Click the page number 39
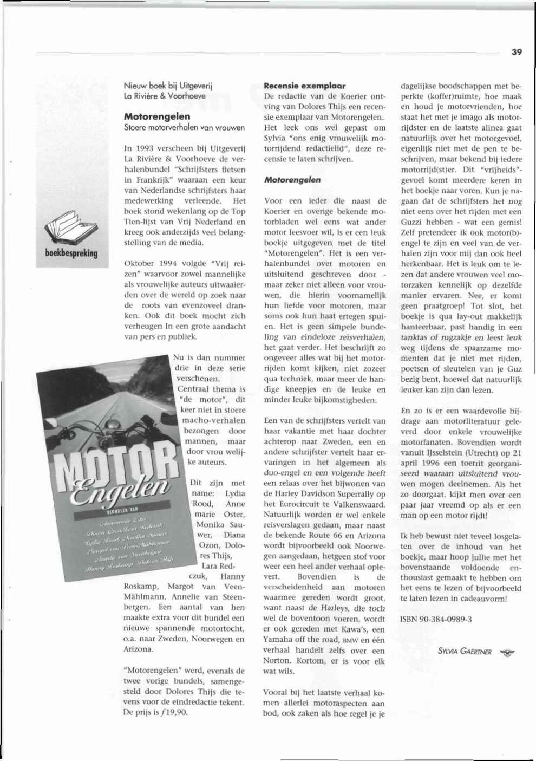click(516, 52)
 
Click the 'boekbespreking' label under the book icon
click(71, 253)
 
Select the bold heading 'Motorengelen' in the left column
click(157, 116)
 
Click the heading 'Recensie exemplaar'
click(304, 86)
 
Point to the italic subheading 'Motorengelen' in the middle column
click(292, 180)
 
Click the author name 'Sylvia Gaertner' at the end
click(464, 652)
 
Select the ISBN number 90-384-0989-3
click(436, 619)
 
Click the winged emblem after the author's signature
click(506, 652)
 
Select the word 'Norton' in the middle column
click(277, 661)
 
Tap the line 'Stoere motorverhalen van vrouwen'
click(184, 128)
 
